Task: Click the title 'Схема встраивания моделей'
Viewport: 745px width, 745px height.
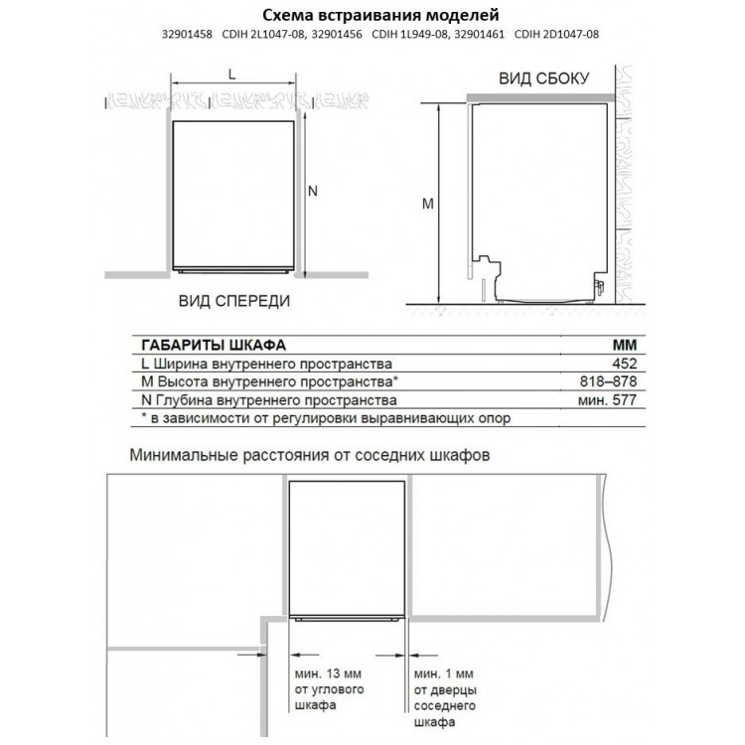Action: pos(372,16)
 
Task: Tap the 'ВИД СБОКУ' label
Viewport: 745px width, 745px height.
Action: pos(544,78)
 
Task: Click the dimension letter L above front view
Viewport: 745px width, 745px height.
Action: pos(231,74)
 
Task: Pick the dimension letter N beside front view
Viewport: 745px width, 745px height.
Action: pos(312,193)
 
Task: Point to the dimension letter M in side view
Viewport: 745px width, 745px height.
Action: pos(427,204)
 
